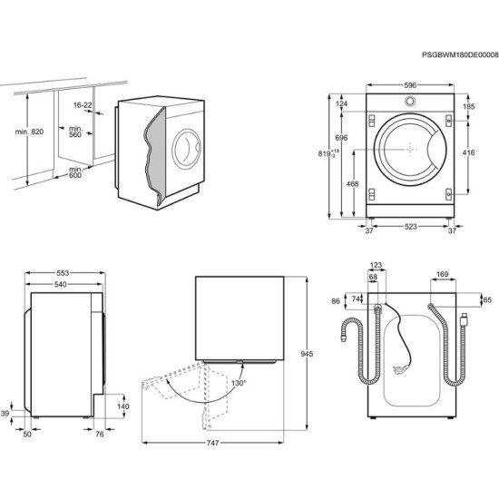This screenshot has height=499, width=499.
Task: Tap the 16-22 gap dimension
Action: click(x=83, y=105)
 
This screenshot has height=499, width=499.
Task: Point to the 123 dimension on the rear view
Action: click(x=377, y=266)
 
